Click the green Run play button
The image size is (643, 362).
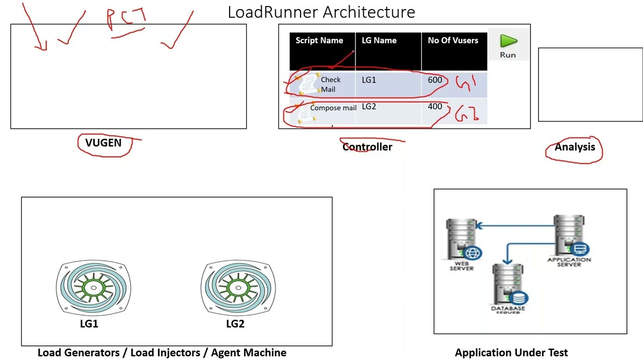(x=508, y=42)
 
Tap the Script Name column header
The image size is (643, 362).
(x=319, y=41)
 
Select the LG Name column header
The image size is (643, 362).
(x=379, y=41)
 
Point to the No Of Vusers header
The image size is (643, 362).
(x=453, y=41)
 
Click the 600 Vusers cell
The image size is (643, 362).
(x=435, y=80)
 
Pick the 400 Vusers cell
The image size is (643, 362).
(x=435, y=107)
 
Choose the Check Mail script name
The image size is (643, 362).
(x=330, y=84)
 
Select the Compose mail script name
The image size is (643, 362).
(x=333, y=108)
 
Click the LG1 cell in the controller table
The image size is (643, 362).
(x=369, y=80)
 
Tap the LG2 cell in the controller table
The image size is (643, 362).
(x=369, y=107)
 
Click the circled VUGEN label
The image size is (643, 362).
(x=103, y=143)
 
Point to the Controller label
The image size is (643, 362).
(x=367, y=147)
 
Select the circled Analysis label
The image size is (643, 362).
(x=575, y=147)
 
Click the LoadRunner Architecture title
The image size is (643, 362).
(x=321, y=12)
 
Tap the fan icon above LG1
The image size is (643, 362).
(x=93, y=288)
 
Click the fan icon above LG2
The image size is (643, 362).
(x=238, y=288)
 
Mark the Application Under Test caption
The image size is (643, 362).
(x=511, y=353)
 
